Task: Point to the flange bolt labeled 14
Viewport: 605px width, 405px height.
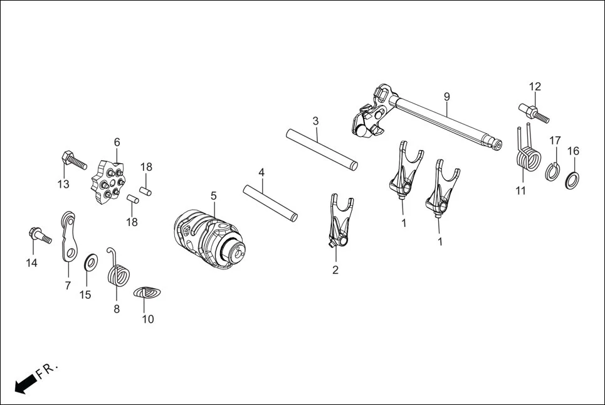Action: [39, 237]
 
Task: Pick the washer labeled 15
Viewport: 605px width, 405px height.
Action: [91, 259]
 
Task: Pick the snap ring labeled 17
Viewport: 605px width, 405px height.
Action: [553, 170]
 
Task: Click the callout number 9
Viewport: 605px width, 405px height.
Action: [446, 97]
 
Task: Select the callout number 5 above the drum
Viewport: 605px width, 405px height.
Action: [214, 196]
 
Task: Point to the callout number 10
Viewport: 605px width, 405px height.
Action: [147, 319]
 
